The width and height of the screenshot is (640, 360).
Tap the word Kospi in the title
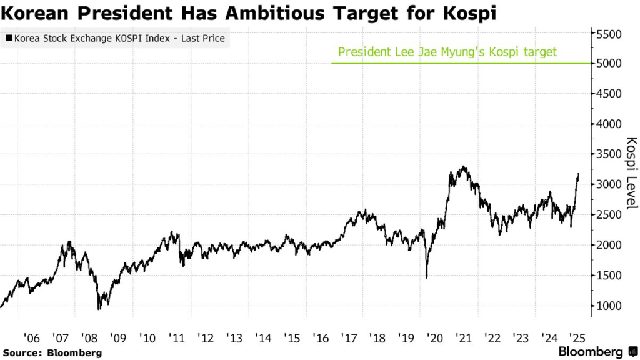(468, 13)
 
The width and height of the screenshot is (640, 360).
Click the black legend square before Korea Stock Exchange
(8, 39)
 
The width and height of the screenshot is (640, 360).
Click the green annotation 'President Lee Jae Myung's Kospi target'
(447, 52)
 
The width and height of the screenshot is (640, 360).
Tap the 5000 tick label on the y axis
(609, 64)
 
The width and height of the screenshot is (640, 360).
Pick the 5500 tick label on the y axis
(609, 34)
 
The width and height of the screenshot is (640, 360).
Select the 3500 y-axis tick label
(609, 154)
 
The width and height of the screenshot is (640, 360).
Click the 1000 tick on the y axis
(609, 306)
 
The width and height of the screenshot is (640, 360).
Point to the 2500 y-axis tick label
(609, 215)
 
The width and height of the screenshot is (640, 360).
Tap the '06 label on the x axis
(31, 338)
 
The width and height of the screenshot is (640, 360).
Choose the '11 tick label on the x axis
(177, 338)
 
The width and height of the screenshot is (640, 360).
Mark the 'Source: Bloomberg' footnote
(52, 353)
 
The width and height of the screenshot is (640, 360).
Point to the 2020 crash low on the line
(427, 277)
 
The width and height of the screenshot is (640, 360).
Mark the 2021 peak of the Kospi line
(463, 167)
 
